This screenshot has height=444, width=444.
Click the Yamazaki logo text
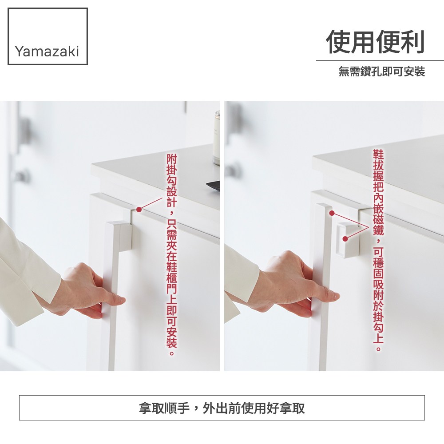point(47,52)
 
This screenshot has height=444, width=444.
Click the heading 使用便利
point(376,42)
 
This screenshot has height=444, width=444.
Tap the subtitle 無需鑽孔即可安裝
point(382,71)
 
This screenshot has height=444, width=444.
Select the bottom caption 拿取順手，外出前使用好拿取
point(222,408)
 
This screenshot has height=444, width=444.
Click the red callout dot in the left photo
point(139,210)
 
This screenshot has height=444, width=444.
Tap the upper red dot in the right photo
point(332,213)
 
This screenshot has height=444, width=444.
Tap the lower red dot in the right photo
point(345,239)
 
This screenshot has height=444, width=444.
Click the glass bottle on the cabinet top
point(216,138)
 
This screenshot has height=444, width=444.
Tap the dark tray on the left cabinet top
point(213,186)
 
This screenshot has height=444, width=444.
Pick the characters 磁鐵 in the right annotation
point(378,225)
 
